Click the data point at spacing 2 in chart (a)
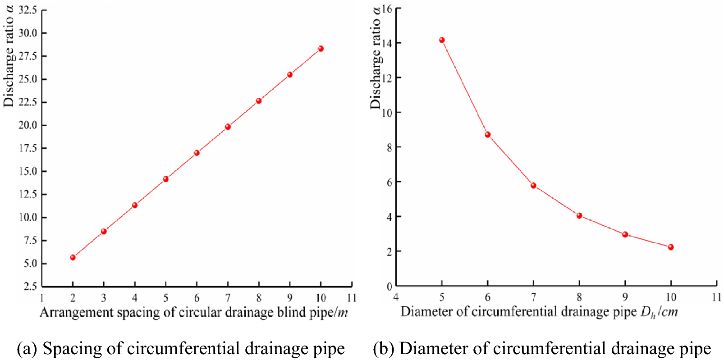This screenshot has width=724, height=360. pyautogui.click(x=73, y=257)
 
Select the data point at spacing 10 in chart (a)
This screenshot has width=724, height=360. pyautogui.click(x=321, y=49)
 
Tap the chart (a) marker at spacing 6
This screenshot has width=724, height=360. pyautogui.click(x=197, y=153)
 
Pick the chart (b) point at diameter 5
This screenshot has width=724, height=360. pyautogui.click(x=442, y=40)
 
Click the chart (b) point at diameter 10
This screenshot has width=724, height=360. pyautogui.click(x=671, y=247)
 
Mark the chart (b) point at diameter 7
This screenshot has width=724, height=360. pyautogui.click(x=533, y=185)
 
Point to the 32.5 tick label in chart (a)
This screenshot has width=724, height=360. pyautogui.click(x=28, y=10)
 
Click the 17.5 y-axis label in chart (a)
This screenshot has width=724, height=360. pyautogui.click(x=28, y=148)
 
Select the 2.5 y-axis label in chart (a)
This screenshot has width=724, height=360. pyautogui.click(x=30, y=286)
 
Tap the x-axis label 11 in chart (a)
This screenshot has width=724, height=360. pyautogui.click(x=352, y=298)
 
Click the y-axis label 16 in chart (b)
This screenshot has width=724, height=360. pyautogui.click(x=387, y=9)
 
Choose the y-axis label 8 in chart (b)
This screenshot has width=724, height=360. pyautogui.click(x=389, y=147)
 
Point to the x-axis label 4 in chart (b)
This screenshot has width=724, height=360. pyautogui.click(x=396, y=297)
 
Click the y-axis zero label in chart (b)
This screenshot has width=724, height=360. pyautogui.click(x=389, y=286)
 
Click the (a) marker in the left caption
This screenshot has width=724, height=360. pyautogui.click(x=27, y=349)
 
